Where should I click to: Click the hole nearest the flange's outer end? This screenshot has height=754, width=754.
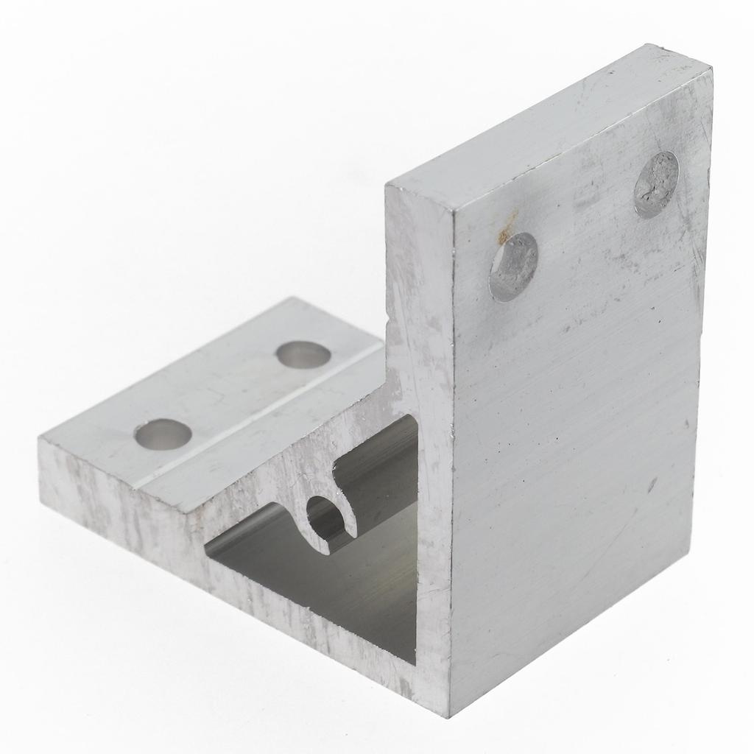[x=163, y=434]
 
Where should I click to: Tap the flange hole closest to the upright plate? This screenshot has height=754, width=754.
[x=303, y=355]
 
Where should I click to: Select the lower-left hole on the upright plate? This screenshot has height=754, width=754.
[x=513, y=267]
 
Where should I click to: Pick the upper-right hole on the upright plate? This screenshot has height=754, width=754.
[x=656, y=184]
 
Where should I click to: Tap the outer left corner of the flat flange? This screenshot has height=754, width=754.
[x=40, y=440]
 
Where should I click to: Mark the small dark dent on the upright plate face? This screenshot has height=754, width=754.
[x=652, y=485]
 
